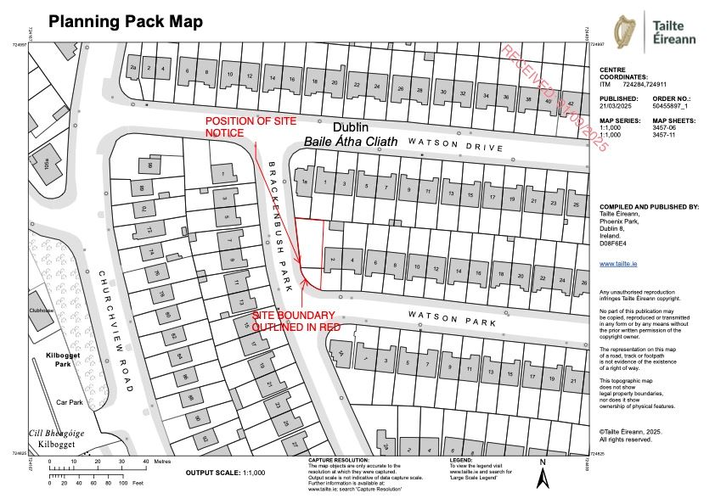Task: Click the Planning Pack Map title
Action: pos(125,22)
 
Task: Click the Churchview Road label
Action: pos(116,331)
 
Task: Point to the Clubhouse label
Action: pos(42,311)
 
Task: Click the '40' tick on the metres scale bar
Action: pos(145,462)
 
